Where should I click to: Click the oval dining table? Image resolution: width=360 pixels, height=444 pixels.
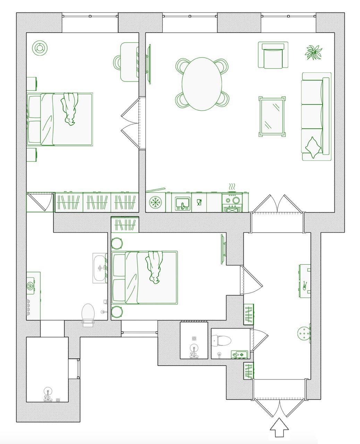tap(202, 84)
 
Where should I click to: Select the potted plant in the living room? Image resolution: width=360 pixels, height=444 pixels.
tap(314, 52)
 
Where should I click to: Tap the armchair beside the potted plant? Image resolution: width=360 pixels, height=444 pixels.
tap(273, 55)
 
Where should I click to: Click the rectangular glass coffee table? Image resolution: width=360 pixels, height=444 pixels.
tap(272, 117)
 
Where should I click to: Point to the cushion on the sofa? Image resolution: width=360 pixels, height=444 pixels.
tap(312, 148)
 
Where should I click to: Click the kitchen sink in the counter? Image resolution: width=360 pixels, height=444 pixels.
tap(182, 203)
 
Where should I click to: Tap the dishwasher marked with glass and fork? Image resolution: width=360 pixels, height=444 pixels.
tap(199, 203)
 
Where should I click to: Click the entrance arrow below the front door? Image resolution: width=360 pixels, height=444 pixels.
tap(279, 428)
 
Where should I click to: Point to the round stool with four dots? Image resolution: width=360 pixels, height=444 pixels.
tap(303, 334)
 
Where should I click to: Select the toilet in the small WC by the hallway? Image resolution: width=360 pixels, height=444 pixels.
tap(222, 341)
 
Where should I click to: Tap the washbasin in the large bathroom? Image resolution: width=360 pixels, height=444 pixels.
tap(100, 268)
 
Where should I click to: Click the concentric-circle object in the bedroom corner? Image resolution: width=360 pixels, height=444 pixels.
tap(40, 48)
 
